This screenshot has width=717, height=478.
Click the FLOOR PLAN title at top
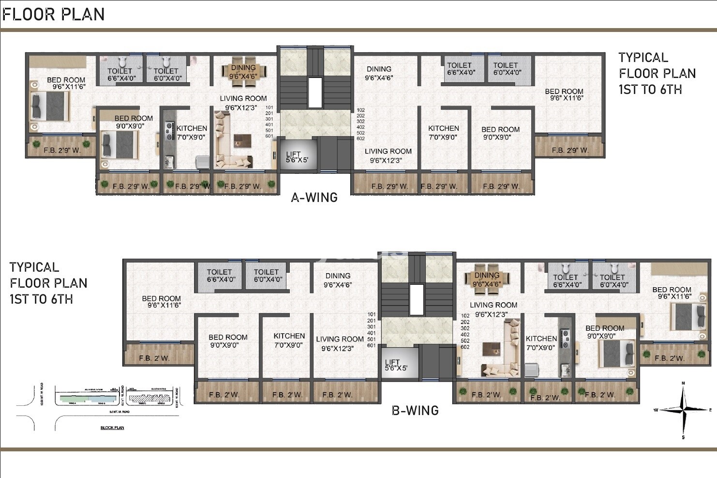(x=53, y=15)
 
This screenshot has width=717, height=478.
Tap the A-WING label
(x=314, y=198)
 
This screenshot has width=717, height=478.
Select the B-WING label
(x=415, y=411)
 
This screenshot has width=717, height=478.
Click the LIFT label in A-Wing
(x=293, y=154)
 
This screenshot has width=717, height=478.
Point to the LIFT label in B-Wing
(x=392, y=362)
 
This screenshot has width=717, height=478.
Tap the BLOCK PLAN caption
(x=112, y=428)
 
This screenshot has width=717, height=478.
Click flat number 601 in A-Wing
(x=269, y=136)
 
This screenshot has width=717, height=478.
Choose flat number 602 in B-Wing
(x=465, y=347)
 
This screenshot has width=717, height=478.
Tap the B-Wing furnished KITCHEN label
(x=541, y=339)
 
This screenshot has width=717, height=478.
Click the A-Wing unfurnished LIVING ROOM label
(x=388, y=152)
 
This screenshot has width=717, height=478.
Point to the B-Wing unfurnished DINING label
(x=338, y=276)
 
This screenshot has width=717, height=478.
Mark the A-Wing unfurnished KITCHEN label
(x=443, y=128)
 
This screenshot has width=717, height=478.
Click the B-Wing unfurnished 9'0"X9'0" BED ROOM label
(x=228, y=338)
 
